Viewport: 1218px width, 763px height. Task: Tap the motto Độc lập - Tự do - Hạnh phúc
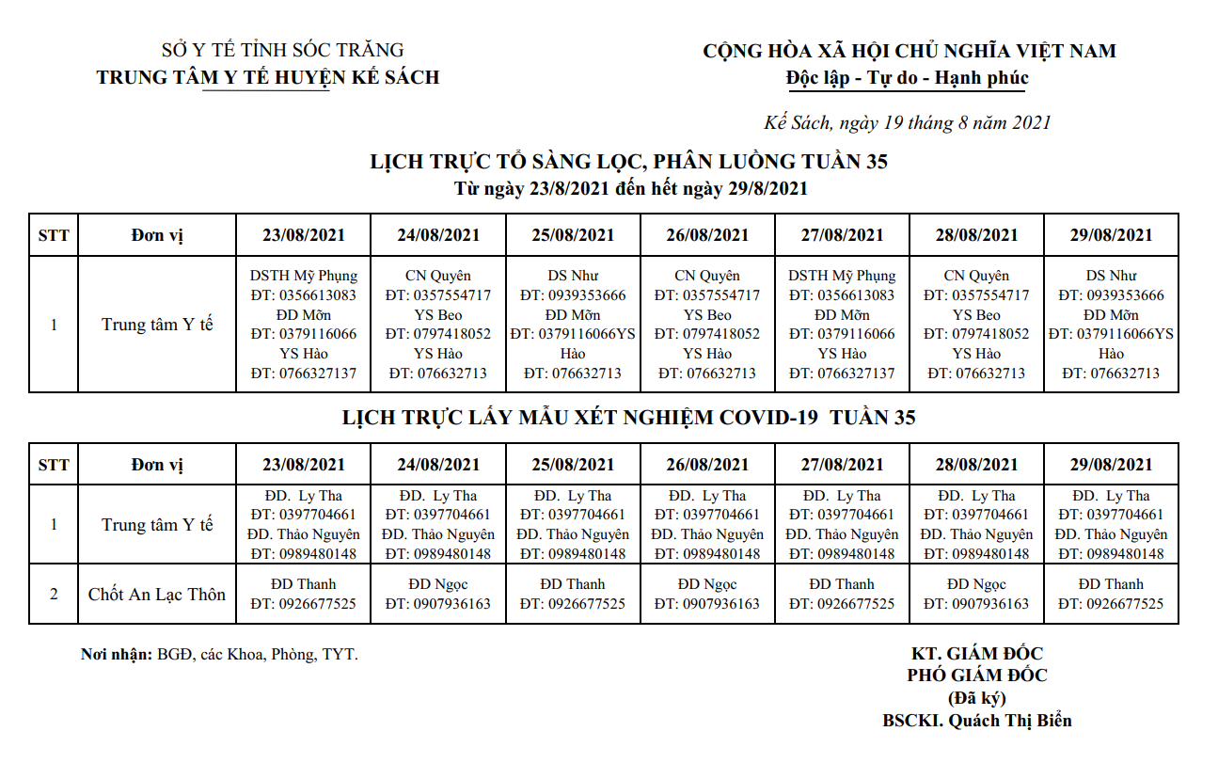tap(908, 78)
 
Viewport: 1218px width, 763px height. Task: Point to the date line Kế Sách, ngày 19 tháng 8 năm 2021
tap(907, 122)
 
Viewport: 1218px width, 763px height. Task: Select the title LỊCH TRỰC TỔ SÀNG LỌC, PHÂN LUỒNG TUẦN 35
tap(629, 162)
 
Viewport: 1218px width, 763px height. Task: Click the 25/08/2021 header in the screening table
tap(573, 235)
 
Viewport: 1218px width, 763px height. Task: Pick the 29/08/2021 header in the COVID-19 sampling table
tap(1111, 464)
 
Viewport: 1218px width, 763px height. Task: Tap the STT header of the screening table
tap(54, 235)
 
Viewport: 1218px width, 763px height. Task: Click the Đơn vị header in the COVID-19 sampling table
tap(157, 464)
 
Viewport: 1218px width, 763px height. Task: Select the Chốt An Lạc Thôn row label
tap(157, 594)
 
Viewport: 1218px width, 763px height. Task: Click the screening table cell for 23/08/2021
tap(304, 325)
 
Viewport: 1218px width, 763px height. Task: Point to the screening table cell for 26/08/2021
tap(707, 325)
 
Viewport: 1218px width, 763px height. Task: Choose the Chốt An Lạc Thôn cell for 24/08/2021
tap(438, 594)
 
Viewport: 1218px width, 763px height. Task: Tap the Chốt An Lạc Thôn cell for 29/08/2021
tap(1111, 594)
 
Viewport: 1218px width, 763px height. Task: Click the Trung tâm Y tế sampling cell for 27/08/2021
tap(842, 525)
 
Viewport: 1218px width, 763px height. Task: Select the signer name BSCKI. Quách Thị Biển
tap(977, 721)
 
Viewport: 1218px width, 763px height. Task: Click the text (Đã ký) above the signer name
tap(976, 698)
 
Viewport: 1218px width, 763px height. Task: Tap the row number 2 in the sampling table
tap(54, 594)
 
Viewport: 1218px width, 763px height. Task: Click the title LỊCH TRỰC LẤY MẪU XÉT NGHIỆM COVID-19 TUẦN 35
tap(629, 418)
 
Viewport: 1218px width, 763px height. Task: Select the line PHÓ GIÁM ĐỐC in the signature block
tap(977, 676)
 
